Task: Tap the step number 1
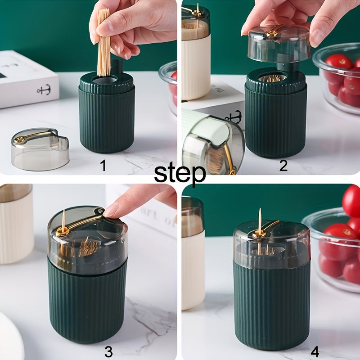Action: click(x=103, y=166)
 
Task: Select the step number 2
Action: click(x=283, y=166)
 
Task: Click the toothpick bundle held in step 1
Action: click(x=104, y=43)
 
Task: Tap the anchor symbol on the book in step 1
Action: click(x=43, y=90)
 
